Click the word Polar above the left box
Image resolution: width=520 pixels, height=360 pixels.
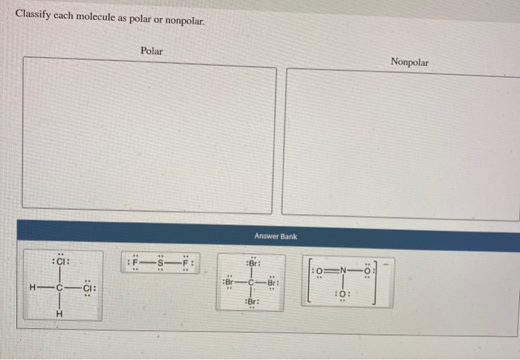point(152,51)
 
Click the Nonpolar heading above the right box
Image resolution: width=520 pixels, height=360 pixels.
point(409,62)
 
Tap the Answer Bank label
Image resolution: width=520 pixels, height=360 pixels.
point(275,236)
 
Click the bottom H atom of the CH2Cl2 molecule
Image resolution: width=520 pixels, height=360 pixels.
point(59,313)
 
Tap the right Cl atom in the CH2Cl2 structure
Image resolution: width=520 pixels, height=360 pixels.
point(88,288)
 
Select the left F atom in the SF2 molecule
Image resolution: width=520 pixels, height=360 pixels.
point(136,262)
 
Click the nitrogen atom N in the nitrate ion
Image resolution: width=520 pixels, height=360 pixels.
point(344,270)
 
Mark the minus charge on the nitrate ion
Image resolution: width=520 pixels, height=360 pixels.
point(393,261)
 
